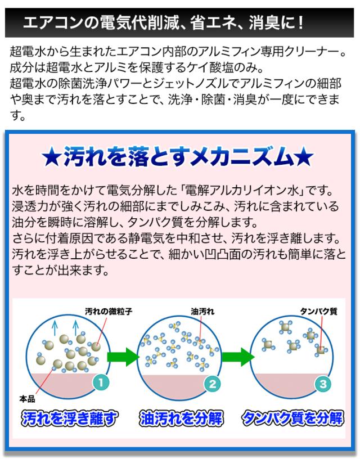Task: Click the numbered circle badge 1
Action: [101, 382]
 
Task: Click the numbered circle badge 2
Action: [212, 384]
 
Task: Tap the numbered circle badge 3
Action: [323, 384]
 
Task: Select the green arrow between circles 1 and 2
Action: [123, 357]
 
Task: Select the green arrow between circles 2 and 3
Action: [238, 357]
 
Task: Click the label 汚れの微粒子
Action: [109, 312]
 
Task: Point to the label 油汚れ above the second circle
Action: [202, 312]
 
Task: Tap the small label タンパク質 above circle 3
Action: [318, 312]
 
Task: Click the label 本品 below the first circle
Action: [27, 399]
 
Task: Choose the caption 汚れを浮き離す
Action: [69, 418]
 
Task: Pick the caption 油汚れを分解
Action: [181, 418]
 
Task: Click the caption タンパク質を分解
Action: [292, 418]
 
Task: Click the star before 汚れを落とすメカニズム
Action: [52, 157]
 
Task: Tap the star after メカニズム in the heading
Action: [304, 157]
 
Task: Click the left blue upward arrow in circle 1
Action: [55, 327]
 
